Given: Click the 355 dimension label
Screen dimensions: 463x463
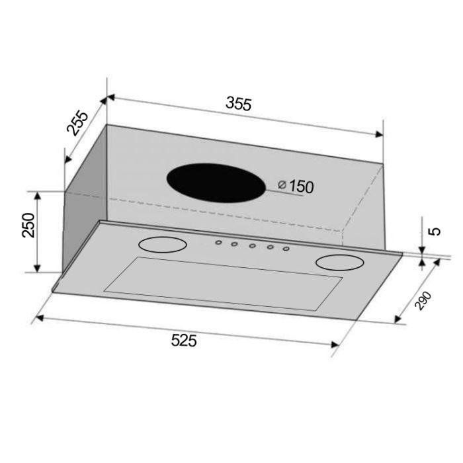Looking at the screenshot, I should (239, 104).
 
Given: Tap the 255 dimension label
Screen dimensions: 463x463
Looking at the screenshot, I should (77, 123).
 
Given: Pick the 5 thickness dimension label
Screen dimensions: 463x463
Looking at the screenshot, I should (435, 232).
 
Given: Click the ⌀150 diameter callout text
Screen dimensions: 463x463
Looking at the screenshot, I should (296, 187).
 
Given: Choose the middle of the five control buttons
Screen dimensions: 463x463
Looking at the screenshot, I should (252, 247).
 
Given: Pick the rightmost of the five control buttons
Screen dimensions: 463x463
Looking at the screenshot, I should (286, 249).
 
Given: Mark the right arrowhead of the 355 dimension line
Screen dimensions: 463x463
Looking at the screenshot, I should (379, 135).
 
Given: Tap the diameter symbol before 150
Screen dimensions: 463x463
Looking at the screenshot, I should (282, 186).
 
